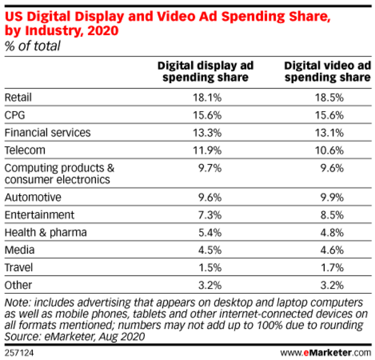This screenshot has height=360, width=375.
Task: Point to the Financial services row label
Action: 47,132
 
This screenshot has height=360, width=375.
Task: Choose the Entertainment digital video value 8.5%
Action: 331,214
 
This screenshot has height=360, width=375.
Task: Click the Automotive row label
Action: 33,197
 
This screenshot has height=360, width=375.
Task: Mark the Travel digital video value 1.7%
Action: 331,268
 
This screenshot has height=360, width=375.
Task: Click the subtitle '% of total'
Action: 32,46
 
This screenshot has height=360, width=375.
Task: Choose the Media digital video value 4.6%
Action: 331,250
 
